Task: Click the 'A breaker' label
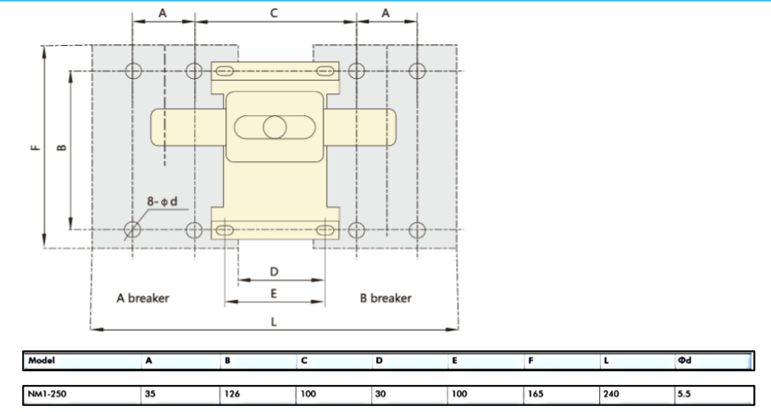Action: pos(142,298)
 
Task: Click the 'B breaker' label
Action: pos(385,298)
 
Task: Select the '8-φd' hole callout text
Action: pos(162,202)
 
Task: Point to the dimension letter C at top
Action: pos(274,13)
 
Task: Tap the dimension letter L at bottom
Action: pos(273,322)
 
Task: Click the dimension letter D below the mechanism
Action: pos(275,271)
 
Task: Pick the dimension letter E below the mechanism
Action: pos(275,293)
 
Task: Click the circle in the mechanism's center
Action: pos(275,128)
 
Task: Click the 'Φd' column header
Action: pos(685,360)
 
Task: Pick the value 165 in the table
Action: pos(535,394)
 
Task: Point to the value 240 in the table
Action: pos(611,394)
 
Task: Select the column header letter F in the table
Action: pos(530,360)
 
